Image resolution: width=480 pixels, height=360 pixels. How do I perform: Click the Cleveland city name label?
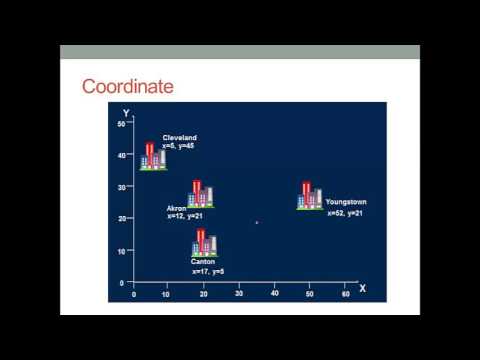(180, 138)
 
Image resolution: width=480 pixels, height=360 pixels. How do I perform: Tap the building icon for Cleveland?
(153, 157)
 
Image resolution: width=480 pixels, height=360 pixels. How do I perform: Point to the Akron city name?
(177, 208)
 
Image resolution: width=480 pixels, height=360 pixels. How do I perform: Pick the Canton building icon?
(204, 243)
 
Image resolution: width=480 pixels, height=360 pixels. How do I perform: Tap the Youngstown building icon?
(310, 196)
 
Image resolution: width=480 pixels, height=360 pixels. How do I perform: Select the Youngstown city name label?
(346, 202)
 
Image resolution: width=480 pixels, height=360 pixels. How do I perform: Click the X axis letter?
(362, 288)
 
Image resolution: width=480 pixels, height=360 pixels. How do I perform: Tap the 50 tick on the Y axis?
(121, 123)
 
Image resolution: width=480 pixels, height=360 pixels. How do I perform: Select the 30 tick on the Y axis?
(121, 187)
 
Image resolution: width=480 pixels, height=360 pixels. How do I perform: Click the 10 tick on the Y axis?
(121, 251)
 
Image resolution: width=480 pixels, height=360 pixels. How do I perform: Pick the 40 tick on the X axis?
(275, 294)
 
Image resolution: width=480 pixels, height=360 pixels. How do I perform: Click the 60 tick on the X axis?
(345, 294)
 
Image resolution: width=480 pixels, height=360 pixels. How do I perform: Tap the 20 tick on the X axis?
(204, 294)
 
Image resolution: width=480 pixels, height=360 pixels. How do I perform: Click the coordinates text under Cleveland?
(180, 147)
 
